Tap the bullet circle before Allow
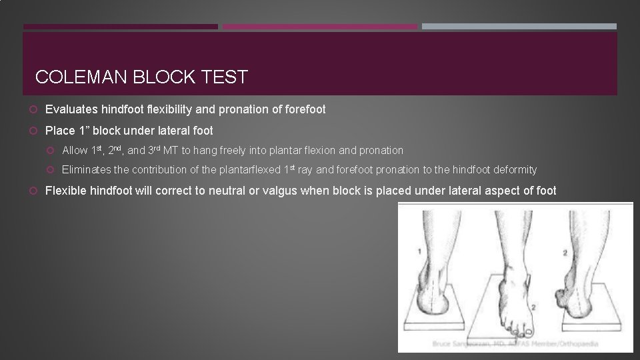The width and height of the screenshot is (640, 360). (52, 151)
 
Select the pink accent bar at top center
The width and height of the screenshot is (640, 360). (319, 27)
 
